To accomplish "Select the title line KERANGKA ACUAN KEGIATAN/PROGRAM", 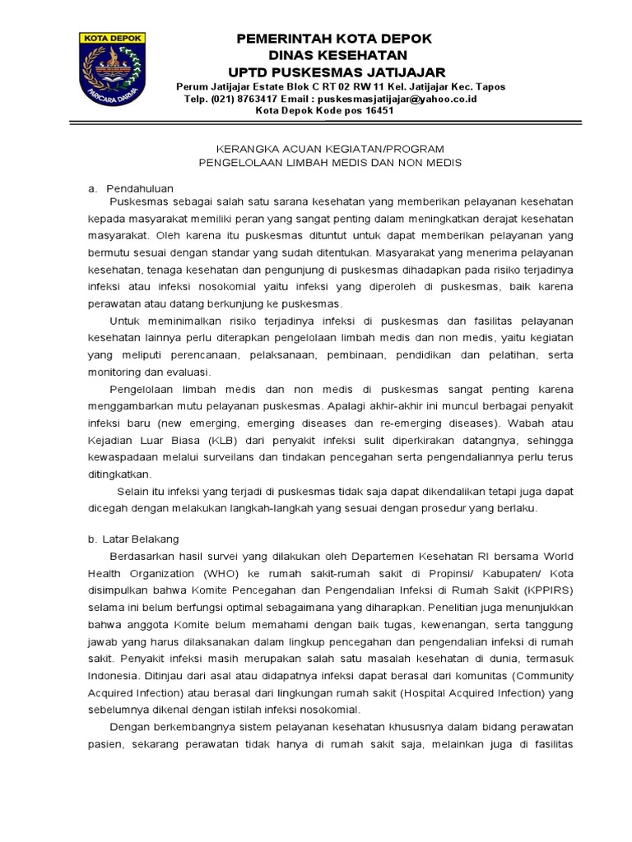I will (x=329, y=149).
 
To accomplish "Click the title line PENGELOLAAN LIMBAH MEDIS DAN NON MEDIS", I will (x=330, y=163).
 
